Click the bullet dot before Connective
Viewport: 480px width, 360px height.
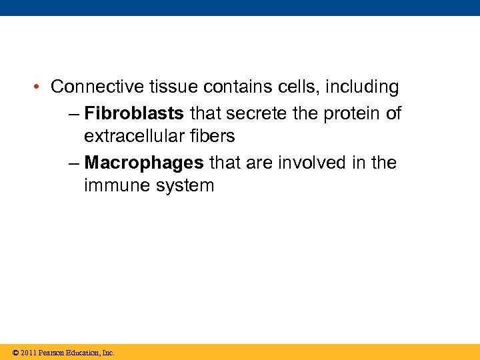point(39,87)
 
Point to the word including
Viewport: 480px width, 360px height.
point(362,87)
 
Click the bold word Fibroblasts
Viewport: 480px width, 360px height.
point(134,113)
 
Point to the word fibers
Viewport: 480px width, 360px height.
point(213,137)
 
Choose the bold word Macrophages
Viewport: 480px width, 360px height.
point(144,163)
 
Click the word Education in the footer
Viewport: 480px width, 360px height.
point(81,353)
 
